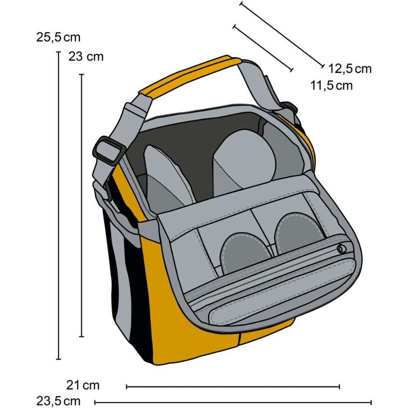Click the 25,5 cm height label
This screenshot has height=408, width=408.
(x=58, y=37)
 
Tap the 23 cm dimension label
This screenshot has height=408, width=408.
(x=86, y=57)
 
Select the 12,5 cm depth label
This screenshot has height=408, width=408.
(x=350, y=69)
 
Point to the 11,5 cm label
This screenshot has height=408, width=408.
(x=331, y=85)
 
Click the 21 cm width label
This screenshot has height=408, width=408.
(x=83, y=385)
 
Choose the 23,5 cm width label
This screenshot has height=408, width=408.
(x=58, y=401)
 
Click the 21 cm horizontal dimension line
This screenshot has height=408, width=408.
(x=233, y=387)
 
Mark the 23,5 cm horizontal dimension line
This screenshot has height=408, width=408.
(x=233, y=403)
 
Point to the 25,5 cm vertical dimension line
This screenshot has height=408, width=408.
(x=58, y=205)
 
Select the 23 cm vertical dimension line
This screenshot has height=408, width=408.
(x=82, y=205)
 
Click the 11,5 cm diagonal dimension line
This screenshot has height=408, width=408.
(x=263, y=48)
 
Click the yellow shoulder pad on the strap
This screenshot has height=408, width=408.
(x=190, y=75)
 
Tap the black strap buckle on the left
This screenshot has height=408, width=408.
(x=109, y=151)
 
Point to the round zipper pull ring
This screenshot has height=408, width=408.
(x=341, y=249)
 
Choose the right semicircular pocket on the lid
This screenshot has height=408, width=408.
(x=299, y=233)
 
